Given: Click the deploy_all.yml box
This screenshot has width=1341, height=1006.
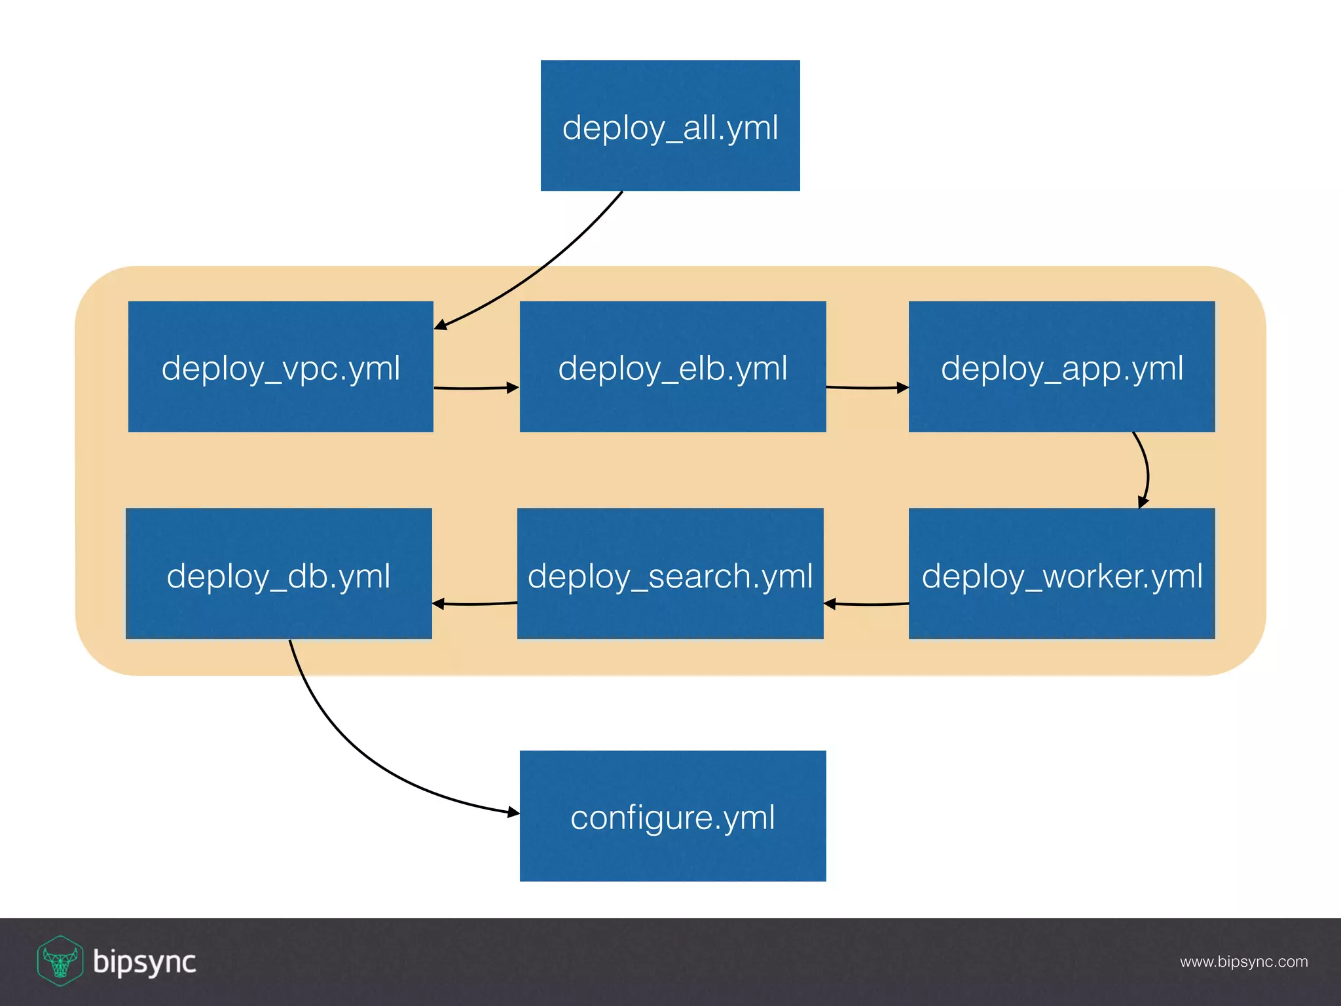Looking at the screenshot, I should point(670,126).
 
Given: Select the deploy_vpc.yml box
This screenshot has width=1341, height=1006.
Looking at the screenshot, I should point(280,367).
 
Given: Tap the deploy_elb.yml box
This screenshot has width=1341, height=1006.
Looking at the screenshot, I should point(672,367).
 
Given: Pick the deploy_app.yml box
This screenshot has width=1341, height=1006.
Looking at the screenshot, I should point(1061,367).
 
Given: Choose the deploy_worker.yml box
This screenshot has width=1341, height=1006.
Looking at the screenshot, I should point(1061,574).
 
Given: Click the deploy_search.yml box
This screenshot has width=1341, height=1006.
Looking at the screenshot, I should point(670,574).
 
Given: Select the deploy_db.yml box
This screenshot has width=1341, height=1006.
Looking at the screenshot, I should point(278,574).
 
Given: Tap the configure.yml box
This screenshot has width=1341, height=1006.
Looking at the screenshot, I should point(672,816).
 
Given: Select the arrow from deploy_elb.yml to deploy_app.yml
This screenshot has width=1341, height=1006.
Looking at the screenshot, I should point(866,388).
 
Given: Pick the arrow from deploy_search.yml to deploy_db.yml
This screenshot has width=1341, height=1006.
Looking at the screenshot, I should point(475,604).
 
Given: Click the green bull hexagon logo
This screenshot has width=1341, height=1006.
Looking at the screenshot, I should point(60,961).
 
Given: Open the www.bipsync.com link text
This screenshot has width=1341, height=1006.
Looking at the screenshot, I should point(1243,961).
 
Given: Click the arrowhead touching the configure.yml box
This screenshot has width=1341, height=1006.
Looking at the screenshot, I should point(513,813).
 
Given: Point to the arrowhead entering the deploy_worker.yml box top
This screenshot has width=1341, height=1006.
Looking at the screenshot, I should point(1143,502).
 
